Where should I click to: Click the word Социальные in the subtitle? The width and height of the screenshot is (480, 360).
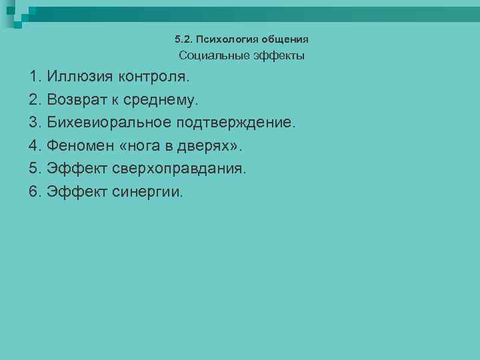[x=213, y=56]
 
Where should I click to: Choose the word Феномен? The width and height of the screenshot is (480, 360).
[x=79, y=146]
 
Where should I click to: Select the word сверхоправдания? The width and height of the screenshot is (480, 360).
[x=179, y=169]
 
